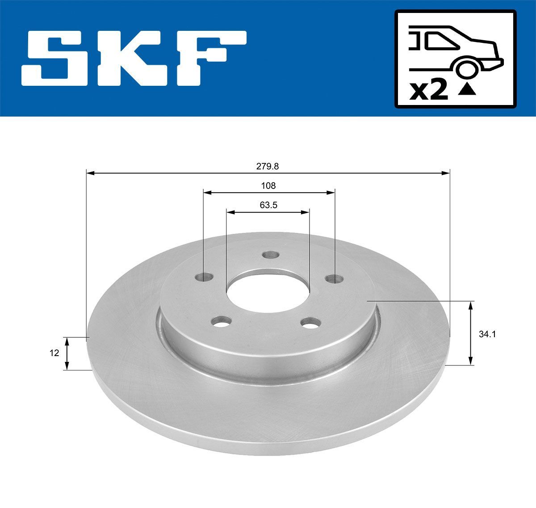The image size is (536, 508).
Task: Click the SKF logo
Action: point(134,58)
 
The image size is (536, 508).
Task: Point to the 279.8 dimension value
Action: point(268,166)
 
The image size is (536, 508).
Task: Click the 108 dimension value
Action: point(268,185)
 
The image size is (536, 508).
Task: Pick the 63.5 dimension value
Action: point(268,205)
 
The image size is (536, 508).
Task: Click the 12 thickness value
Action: point(54,353)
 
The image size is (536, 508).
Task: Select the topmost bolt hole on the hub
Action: point(270,255)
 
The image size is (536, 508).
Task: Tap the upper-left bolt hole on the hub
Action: point(204,277)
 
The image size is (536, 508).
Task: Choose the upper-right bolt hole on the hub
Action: point(335,279)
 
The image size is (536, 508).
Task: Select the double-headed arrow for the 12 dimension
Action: point(67,353)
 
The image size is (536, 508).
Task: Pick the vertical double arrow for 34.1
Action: point(470,333)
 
